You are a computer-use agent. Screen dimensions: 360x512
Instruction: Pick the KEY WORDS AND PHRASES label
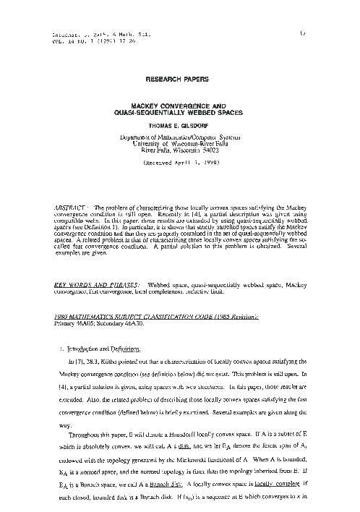point(96,286)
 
